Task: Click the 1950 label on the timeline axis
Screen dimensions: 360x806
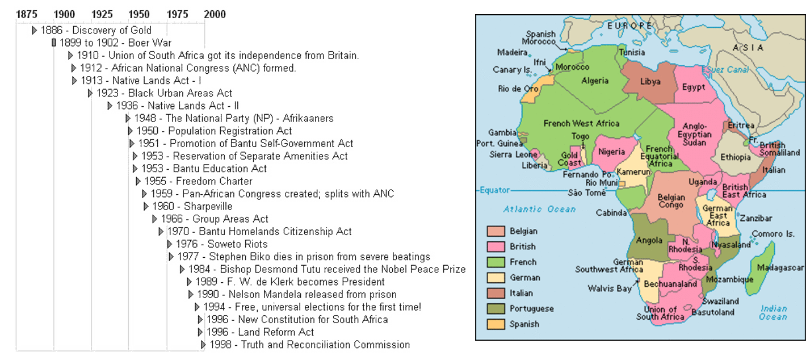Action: coord(139,13)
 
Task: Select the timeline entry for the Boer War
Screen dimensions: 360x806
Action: coord(114,43)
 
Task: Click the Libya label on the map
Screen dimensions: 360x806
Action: coord(650,81)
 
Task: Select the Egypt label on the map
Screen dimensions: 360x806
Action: coord(694,87)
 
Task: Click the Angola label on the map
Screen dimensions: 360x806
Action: coord(649,240)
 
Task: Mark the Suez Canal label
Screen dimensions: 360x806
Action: coord(728,70)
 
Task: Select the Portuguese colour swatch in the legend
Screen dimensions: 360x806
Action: coord(496,309)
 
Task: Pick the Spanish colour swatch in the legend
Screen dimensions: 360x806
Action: coord(496,324)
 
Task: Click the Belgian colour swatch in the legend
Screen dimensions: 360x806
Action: coord(496,231)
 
